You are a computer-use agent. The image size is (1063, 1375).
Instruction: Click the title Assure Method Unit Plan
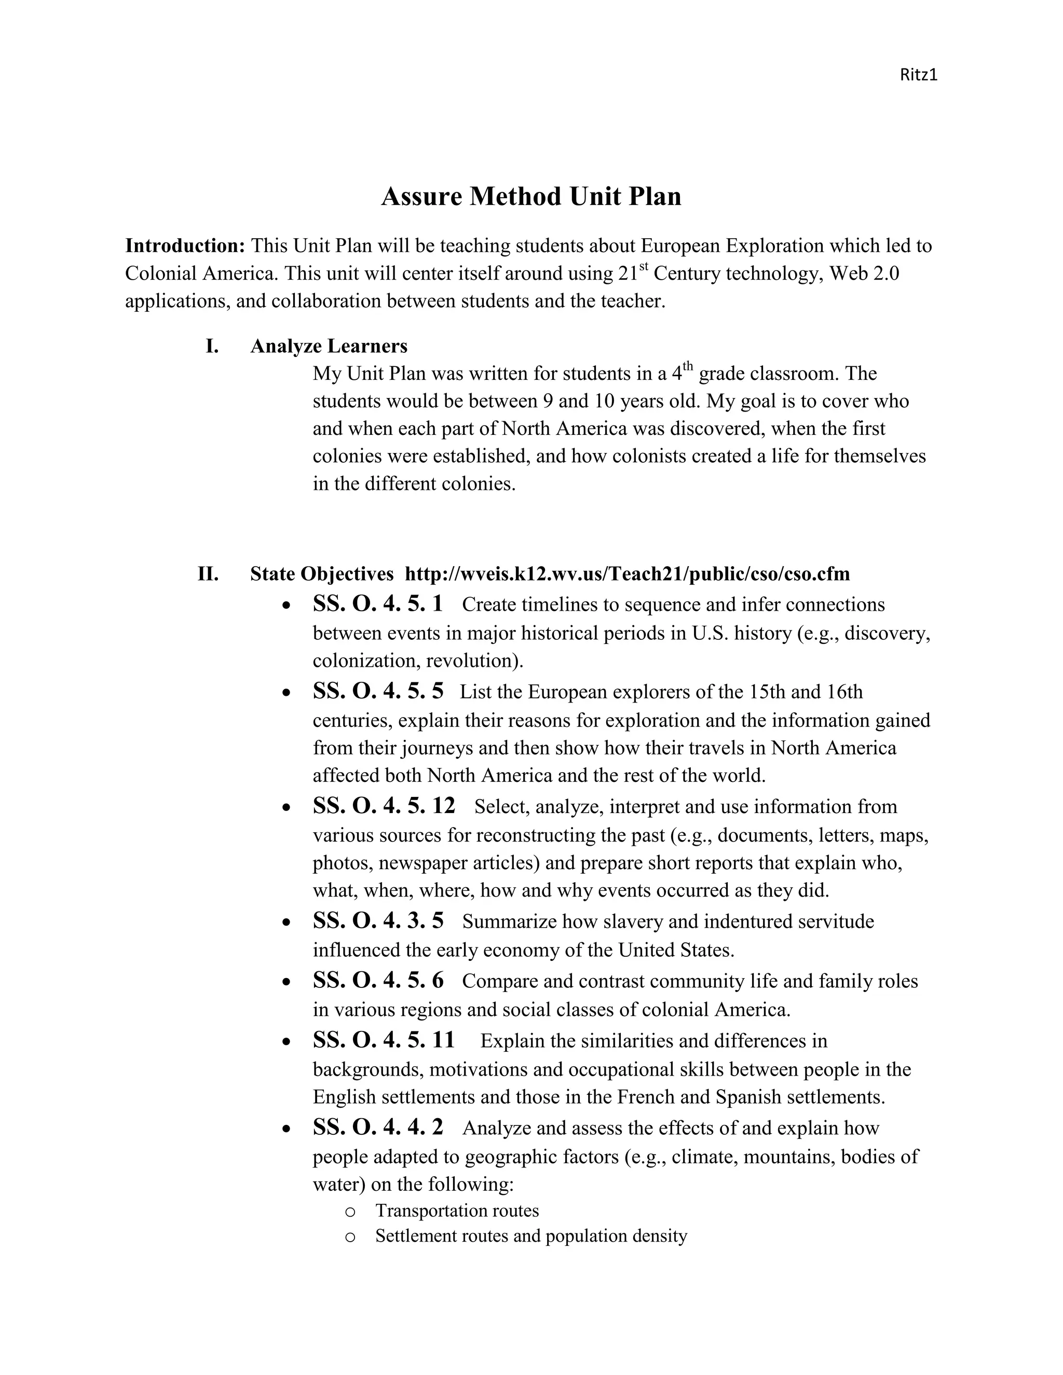click(x=531, y=197)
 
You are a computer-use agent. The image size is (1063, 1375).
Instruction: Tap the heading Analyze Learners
click(x=329, y=346)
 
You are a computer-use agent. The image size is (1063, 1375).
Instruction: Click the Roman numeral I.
click(x=212, y=346)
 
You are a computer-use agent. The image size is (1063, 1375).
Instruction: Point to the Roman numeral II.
click(x=208, y=573)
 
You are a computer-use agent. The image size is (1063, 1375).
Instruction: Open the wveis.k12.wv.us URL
click(x=626, y=573)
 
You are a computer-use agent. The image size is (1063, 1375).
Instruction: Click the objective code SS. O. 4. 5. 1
click(x=378, y=604)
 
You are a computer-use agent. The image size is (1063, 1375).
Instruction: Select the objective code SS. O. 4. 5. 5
click(x=378, y=691)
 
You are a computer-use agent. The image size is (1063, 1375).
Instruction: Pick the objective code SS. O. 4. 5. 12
click(x=384, y=806)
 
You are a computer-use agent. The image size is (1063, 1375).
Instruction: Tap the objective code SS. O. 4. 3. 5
click(x=378, y=920)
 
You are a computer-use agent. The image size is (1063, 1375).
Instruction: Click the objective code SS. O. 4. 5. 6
click(x=378, y=980)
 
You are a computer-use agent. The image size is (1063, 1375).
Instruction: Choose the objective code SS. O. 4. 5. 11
click(x=384, y=1040)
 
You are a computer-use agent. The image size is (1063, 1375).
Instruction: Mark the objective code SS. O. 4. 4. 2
click(x=378, y=1127)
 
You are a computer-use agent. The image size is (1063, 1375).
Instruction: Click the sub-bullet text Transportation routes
click(x=457, y=1211)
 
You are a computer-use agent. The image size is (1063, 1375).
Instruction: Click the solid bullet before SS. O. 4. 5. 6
click(x=287, y=982)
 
